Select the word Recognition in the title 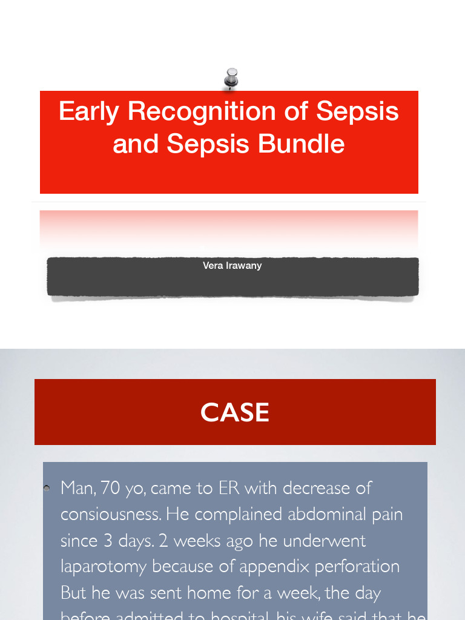[210, 111]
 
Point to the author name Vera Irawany [232, 265]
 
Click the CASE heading [235, 413]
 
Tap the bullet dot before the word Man [47, 488]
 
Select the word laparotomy [104, 567]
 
